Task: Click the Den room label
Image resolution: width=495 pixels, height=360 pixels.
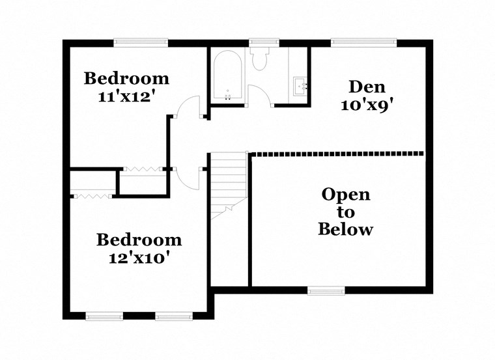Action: [x=367, y=86]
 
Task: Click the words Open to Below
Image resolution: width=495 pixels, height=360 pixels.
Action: [x=345, y=212]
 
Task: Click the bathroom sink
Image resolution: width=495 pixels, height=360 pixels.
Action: [x=301, y=85]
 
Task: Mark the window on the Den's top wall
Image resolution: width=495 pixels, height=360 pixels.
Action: [x=364, y=43]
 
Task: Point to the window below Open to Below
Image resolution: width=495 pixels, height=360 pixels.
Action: [x=326, y=290]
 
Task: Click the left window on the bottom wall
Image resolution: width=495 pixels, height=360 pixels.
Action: [x=104, y=316]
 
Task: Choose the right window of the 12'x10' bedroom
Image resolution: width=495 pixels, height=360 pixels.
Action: [x=174, y=316]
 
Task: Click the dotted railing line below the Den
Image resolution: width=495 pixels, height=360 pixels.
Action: [x=337, y=154]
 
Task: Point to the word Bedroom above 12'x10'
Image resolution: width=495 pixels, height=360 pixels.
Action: [x=139, y=240]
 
